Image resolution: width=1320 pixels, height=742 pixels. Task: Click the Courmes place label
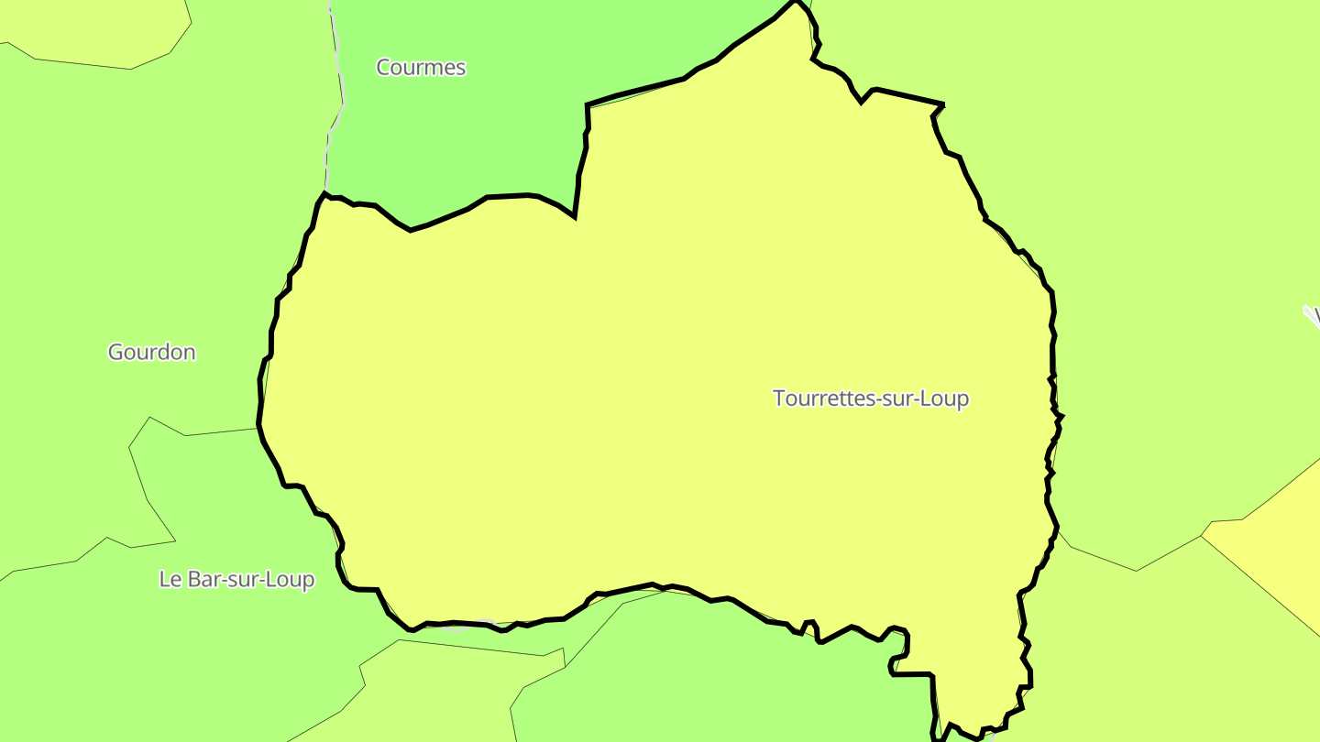click(x=421, y=68)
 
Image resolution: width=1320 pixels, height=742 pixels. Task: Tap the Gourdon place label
click(x=151, y=353)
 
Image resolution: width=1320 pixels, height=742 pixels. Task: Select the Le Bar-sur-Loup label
click(x=236, y=580)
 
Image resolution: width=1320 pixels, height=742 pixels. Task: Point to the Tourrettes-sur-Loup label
click(x=871, y=398)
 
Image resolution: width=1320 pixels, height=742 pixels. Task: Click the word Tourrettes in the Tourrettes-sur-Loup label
click(x=822, y=398)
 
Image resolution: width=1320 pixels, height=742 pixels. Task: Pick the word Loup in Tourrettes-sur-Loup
click(x=948, y=398)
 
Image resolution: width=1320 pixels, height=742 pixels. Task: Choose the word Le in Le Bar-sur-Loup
click(x=169, y=580)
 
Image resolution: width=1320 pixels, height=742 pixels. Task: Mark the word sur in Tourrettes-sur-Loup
click(x=902, y=398)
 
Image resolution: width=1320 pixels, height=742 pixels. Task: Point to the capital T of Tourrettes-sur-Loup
click(x=779, y=398)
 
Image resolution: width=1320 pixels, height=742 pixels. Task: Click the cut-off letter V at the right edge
click(x=1316, y=317)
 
